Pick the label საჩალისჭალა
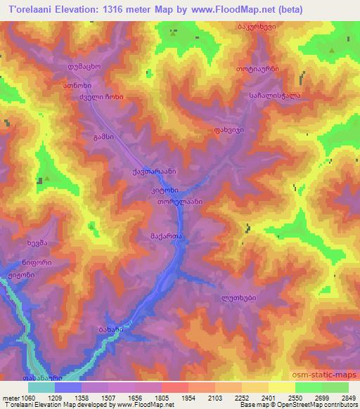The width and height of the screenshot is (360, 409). pos(270,96)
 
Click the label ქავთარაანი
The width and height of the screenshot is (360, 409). pos(153,171)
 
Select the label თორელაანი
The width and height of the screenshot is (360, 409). pos(180,201)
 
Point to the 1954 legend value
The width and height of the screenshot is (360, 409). pos(187,398)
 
